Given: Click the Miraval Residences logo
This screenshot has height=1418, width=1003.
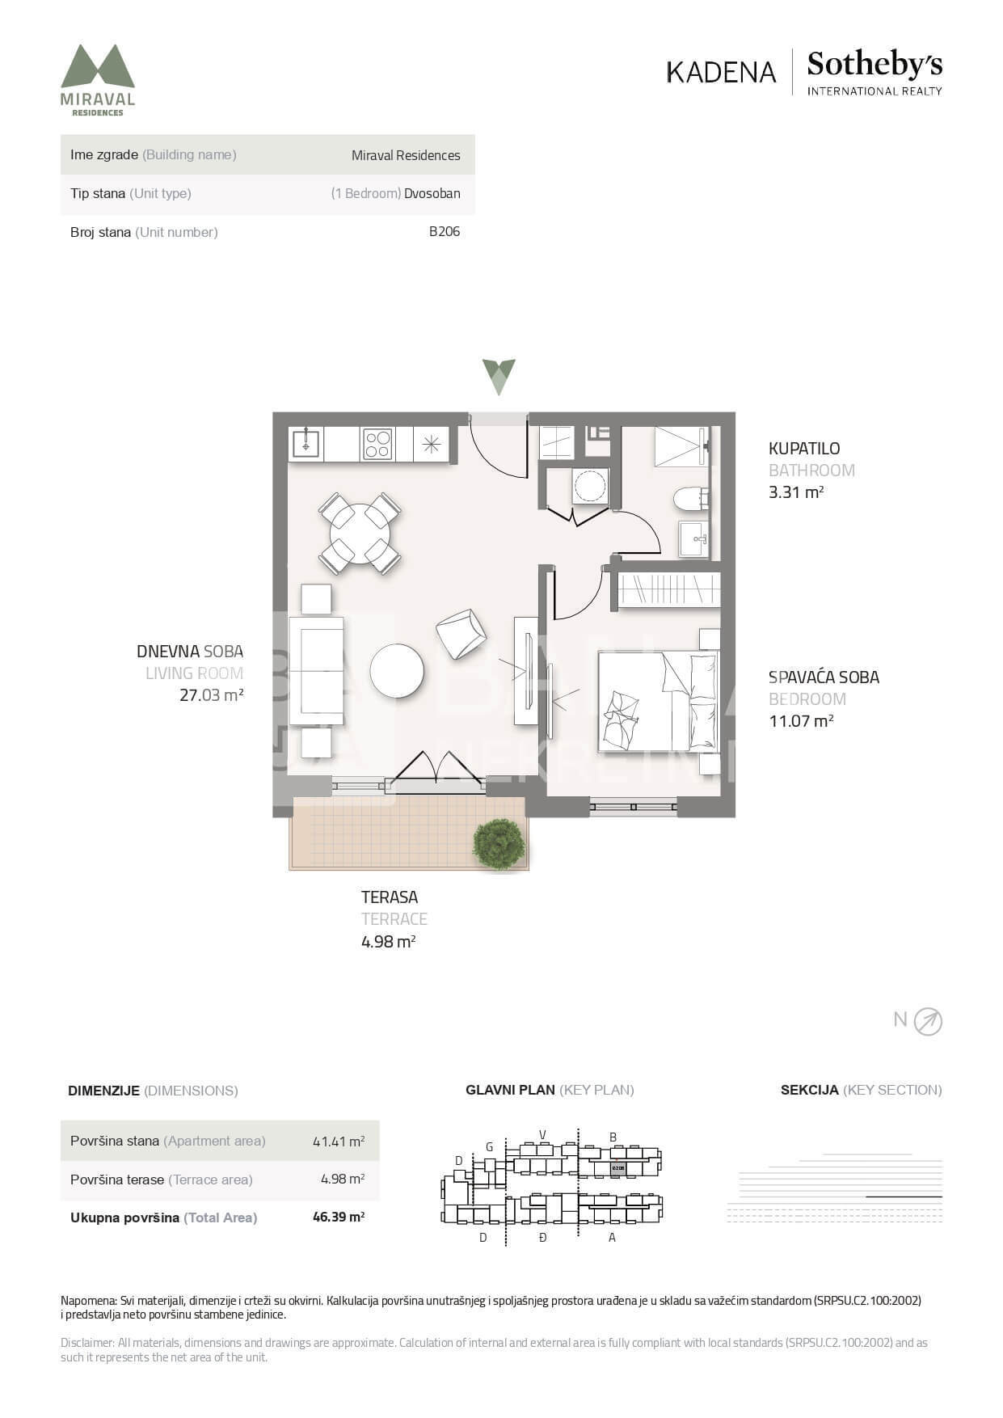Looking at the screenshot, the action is pos(98,80).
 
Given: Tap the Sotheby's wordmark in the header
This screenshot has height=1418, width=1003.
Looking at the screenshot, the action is pos(874,64).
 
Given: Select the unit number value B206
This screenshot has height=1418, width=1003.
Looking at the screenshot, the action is pos(445,232).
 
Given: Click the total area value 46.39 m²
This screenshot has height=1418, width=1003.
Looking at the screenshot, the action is pos(339,1217).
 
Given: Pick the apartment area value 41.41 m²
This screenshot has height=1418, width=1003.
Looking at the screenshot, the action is pos(339,1142).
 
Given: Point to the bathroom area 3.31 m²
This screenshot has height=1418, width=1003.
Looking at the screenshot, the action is pos(796,492).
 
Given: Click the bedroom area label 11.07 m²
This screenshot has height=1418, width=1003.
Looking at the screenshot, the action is pos(801,720).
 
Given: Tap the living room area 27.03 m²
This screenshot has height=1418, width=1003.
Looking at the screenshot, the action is pos(211,694).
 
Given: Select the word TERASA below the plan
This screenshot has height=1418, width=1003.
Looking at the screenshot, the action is pos(390,897).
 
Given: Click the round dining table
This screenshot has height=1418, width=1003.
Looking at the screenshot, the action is pos(360,534).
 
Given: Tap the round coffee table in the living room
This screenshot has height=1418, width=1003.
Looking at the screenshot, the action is pos(397,670).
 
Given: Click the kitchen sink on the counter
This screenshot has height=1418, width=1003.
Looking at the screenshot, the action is pos(306,444).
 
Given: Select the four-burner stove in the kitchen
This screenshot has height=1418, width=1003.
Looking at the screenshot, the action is pos(377,444).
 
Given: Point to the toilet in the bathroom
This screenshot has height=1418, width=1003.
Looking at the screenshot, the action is pos(691,499).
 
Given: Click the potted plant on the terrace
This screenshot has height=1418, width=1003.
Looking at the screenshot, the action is pos(499,844).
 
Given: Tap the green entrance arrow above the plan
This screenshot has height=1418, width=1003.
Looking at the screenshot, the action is pos(499,376).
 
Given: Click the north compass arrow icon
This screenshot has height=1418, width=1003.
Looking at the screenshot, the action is pos(928,1022).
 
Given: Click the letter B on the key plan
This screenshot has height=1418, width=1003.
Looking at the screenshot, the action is pos(613,1137).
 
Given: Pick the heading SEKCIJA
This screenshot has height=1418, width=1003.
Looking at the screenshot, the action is pos(809,1090).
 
